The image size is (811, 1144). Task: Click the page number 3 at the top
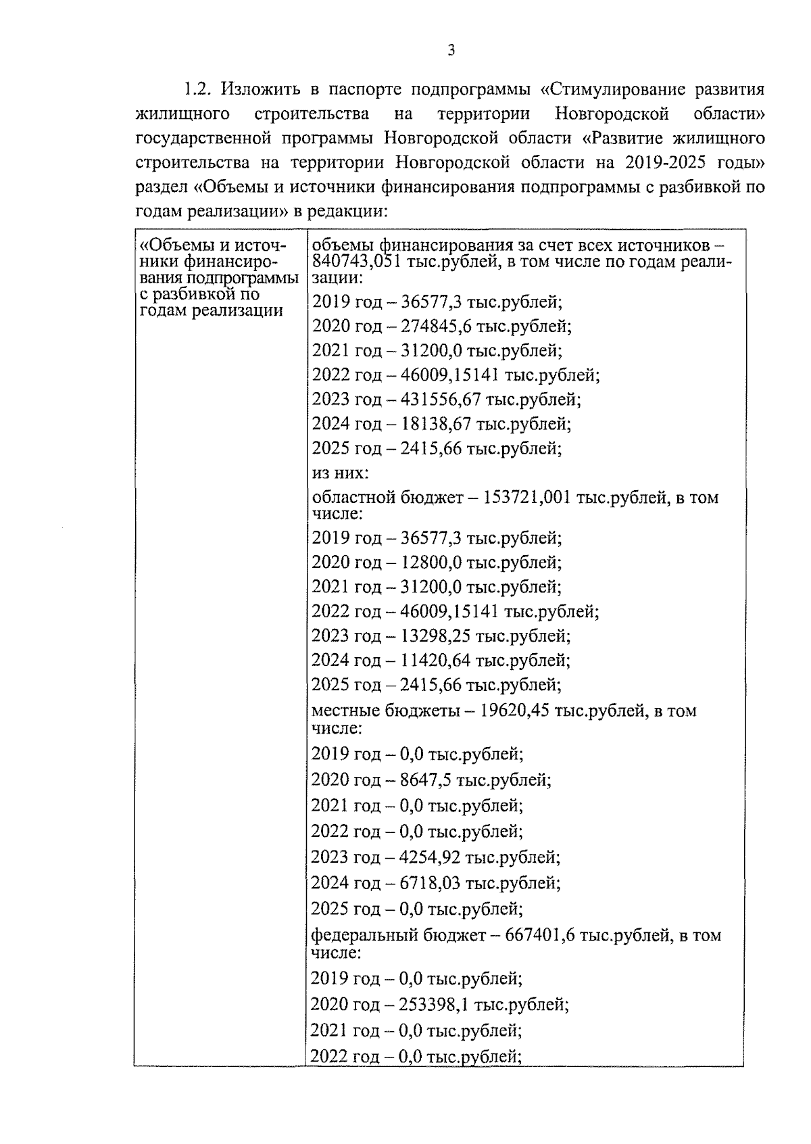coord(451,51)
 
